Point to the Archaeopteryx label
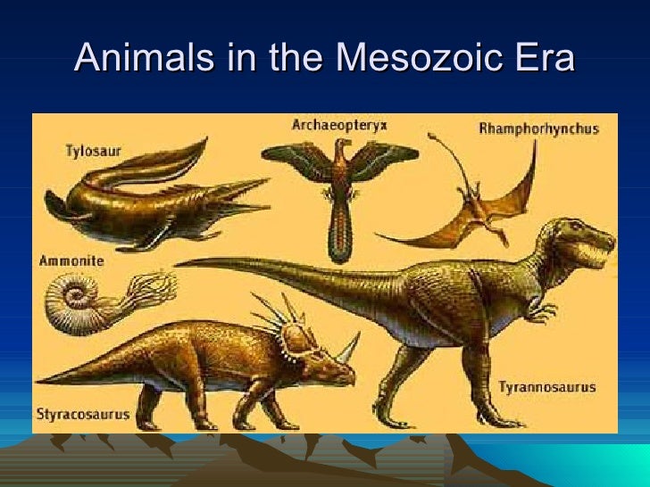click(x=339, y=125)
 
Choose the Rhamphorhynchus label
click(x=538, y=128)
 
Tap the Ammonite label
click(x=71, y=261)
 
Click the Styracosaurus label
click(x=83, y=414)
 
